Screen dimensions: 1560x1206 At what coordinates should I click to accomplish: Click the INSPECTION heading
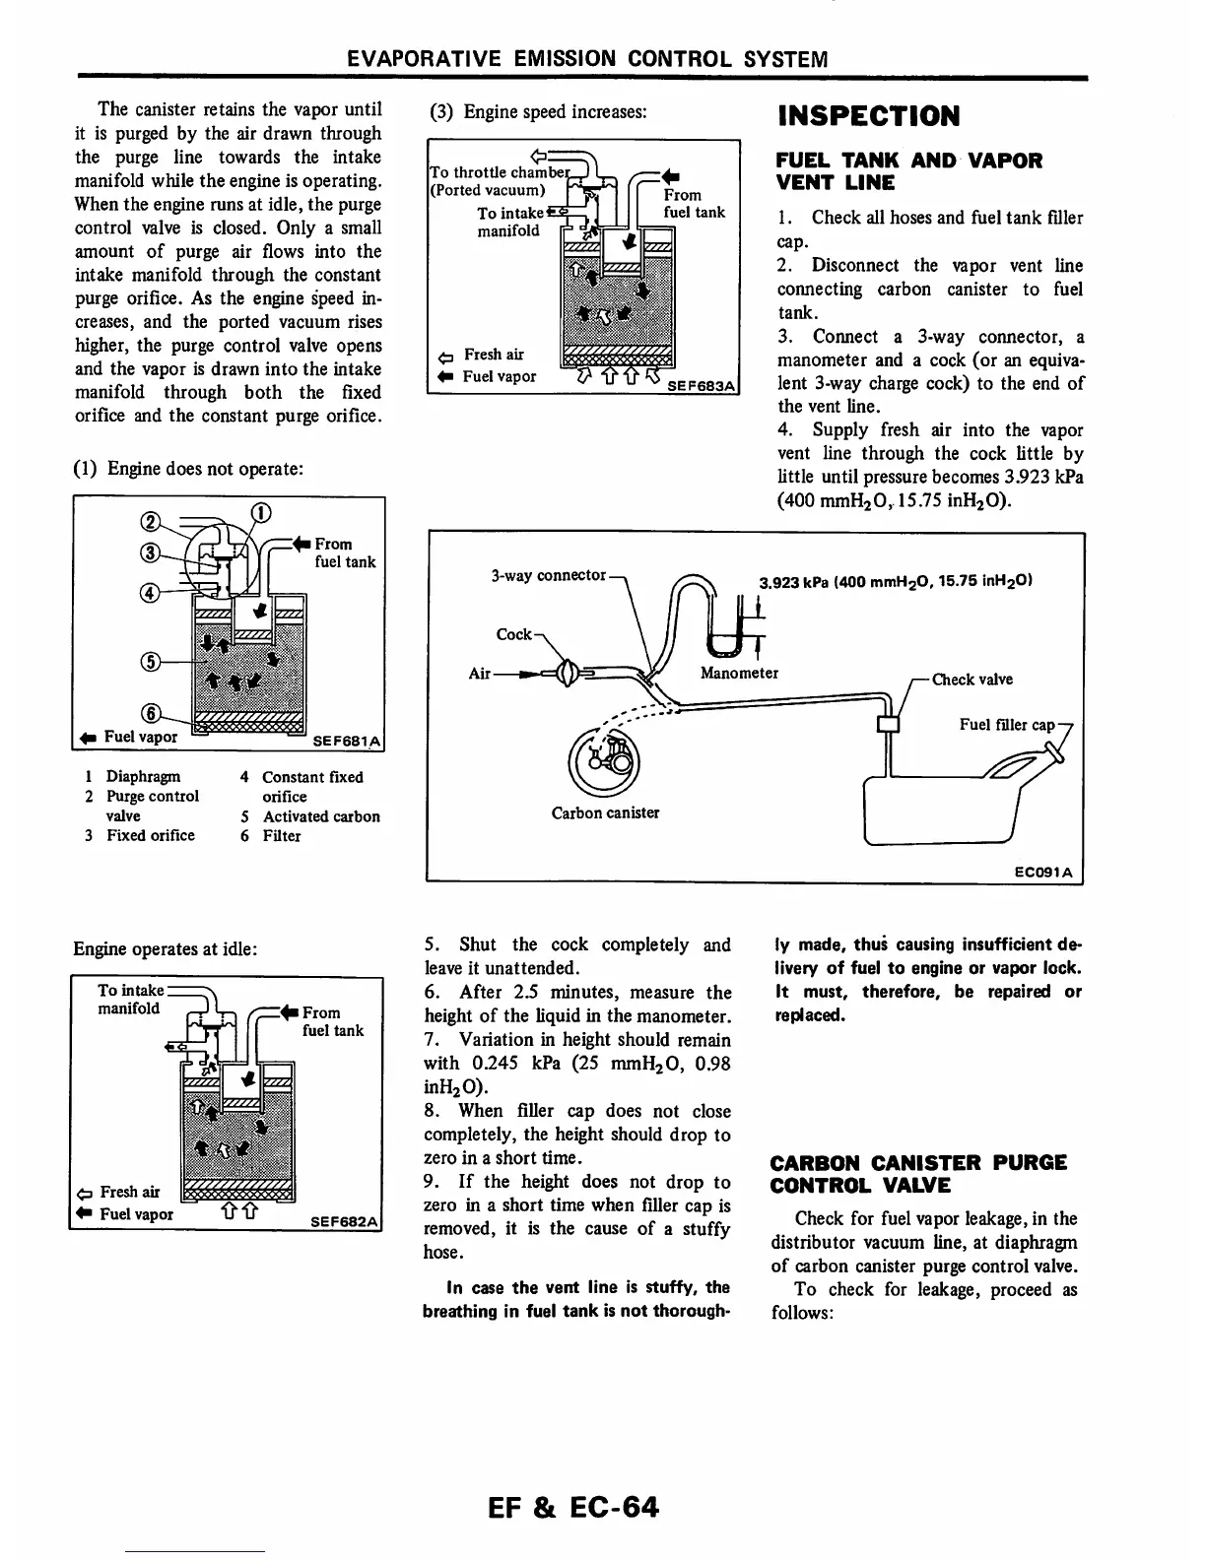(x=868, y=116)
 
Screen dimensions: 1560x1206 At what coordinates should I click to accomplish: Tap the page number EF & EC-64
(x=568, y=1508)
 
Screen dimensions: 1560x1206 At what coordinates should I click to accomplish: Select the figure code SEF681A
(x=346, y=741)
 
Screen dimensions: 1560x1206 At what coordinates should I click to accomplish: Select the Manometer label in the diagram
(x=739, y=674)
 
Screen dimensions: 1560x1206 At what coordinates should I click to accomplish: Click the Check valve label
(x=971, y=680)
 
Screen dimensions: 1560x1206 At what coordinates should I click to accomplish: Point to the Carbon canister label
(x=605, y=813)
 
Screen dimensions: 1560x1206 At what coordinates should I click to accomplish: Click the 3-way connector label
(x=548, y=575)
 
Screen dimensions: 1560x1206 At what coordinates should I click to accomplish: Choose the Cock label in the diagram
(x=513, y=634)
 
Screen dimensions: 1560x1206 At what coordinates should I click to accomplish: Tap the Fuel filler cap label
(x=1007, y=725)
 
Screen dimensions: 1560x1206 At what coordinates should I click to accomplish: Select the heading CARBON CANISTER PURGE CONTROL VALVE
(x=918, y=1174)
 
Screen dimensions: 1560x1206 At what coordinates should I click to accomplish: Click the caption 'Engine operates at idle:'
(x=166, y=949)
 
